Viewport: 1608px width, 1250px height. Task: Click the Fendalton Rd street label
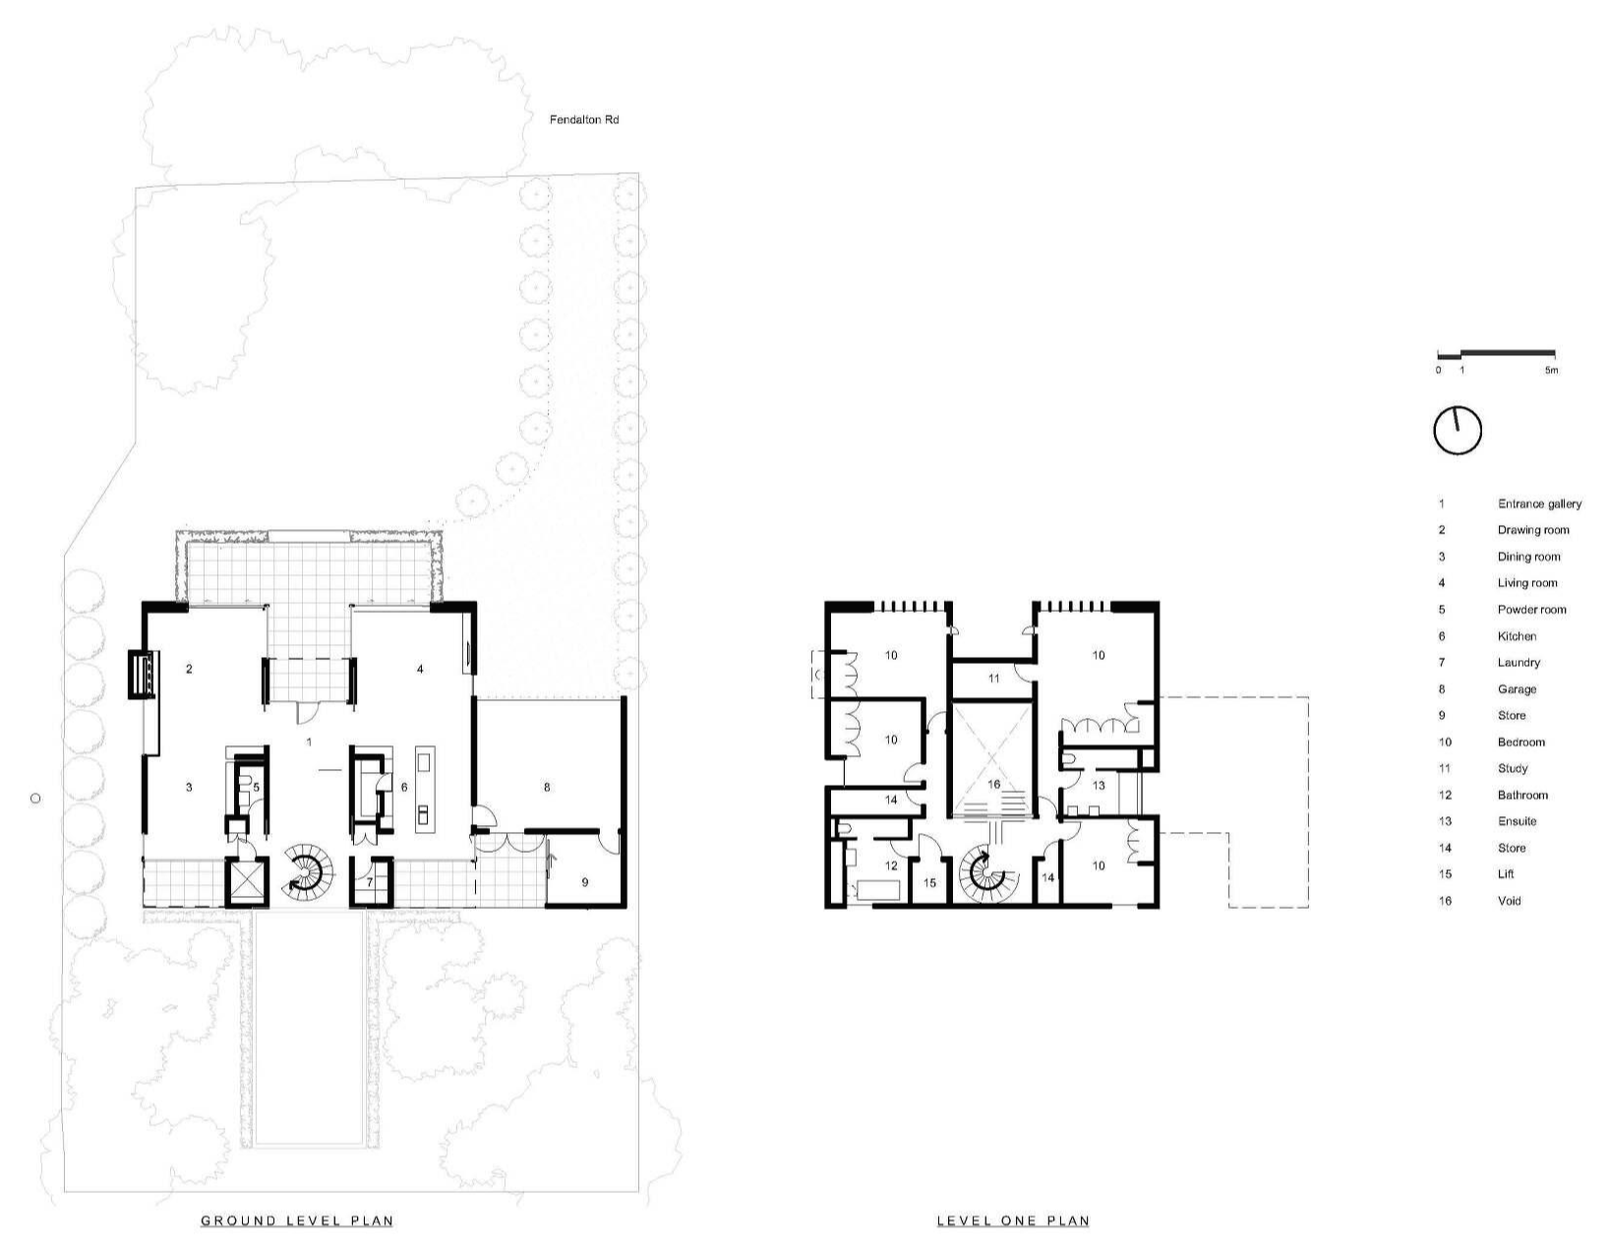coord(584,119)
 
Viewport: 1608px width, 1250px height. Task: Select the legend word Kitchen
coord(1517,636)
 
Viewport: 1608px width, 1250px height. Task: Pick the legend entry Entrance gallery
coord(1539,504)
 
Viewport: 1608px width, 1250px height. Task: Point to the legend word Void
coord(1509,901)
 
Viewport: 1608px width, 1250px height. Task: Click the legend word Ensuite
coord(1517,821)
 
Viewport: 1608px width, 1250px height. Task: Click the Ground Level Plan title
coord(297,1220)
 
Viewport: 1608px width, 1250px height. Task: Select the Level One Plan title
coord(1013,1220)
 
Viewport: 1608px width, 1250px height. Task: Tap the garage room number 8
coord(547,787)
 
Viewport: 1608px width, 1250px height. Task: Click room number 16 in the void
coord(993,784)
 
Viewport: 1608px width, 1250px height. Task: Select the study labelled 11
coord(993,679)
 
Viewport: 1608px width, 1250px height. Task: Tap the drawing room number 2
coord(189,669)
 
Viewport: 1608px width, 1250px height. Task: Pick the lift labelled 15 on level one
coord(929,881)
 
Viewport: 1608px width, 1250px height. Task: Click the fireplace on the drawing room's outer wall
coord(142,674)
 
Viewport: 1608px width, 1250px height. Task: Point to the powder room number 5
coord(256,787)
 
